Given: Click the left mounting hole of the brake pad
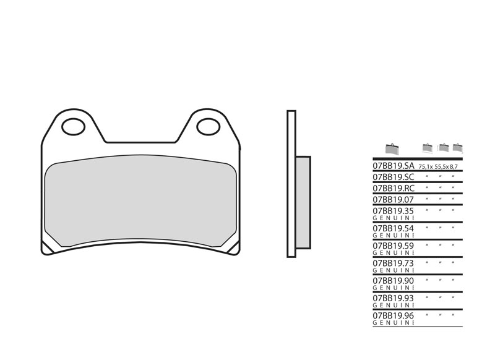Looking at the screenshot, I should (73, 127).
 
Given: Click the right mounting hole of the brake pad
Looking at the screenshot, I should (208, 127).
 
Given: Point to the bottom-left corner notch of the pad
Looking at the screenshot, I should (47, 247).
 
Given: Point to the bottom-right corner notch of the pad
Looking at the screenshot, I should (233, 247).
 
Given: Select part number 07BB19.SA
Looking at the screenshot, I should (393, 166).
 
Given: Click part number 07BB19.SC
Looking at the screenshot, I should (393, 177).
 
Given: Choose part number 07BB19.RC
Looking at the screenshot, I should (393, 188).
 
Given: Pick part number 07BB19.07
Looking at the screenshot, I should (393, 199).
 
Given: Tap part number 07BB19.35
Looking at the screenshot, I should (393, 210).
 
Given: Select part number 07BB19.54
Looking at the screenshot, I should (393, 228).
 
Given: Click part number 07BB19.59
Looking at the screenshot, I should (393, 246).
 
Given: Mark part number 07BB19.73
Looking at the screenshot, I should (393, 263).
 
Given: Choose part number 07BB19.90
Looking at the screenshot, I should (393, 280).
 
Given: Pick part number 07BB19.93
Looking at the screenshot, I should (393, 298).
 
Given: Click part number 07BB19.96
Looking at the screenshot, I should (393, 315).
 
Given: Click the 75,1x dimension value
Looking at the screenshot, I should (426, 168).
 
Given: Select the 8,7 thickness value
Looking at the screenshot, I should (455, 168).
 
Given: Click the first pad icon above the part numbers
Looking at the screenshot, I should (391, 149).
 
